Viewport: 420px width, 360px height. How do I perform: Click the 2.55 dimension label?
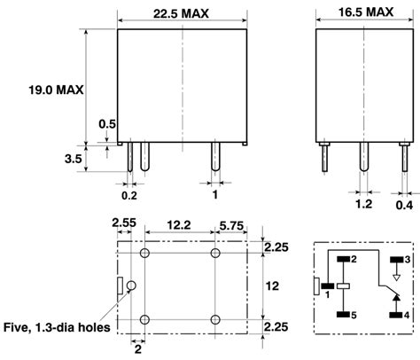pyautogui.click(x=123, y=223)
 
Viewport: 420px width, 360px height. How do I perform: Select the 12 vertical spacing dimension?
pyautogui.click(x=276, y=286)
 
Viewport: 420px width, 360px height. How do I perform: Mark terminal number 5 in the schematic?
pyautogui.click(x=353, y=315)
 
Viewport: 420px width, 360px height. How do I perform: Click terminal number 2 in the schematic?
pyautogui.click(x=353, y=259)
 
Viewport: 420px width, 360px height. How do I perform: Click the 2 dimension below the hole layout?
pyautogui.click(x=137, y=348)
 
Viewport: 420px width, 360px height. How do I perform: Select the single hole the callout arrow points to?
pyautogui.click(x=131, y=286)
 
